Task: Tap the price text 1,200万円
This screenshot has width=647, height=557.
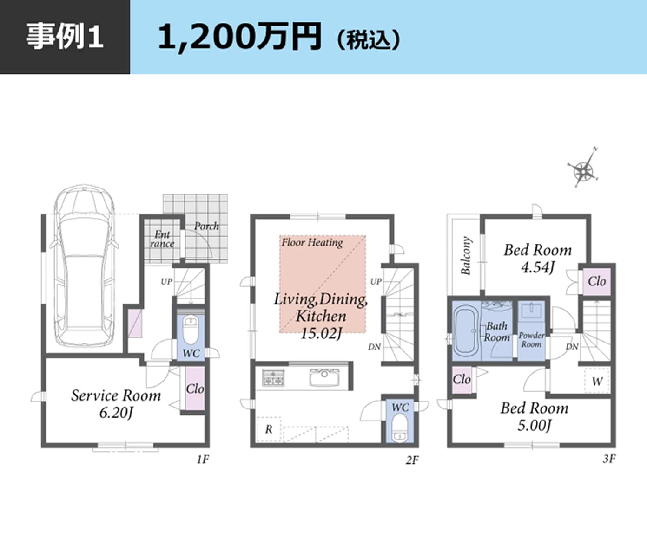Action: (x=239, y=37)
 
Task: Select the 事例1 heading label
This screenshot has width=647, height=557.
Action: (x=64, y=37)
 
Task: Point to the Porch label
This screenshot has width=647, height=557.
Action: (x=206, y=226)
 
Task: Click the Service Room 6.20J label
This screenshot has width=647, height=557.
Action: (x=116, y=403)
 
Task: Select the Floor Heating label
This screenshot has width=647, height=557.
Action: (x=312, y=242)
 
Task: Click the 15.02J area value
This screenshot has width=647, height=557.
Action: (x=321, y=333)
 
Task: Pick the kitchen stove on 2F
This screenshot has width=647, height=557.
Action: (x=273, y=377)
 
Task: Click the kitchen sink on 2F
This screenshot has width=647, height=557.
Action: (x=324, y=377)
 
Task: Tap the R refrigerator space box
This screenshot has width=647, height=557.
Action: (x=269, y=429)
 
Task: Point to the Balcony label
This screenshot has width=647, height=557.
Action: (x=466, y=255)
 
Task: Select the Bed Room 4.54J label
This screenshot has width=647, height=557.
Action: (x=537, y=258)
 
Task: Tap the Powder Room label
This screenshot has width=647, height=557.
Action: (x=531, y=339)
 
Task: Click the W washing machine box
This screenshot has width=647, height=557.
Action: (x=597, y=381)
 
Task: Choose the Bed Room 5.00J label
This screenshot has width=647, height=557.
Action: (x=534, y=416)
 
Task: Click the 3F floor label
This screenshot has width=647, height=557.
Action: (x=609, y=459)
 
